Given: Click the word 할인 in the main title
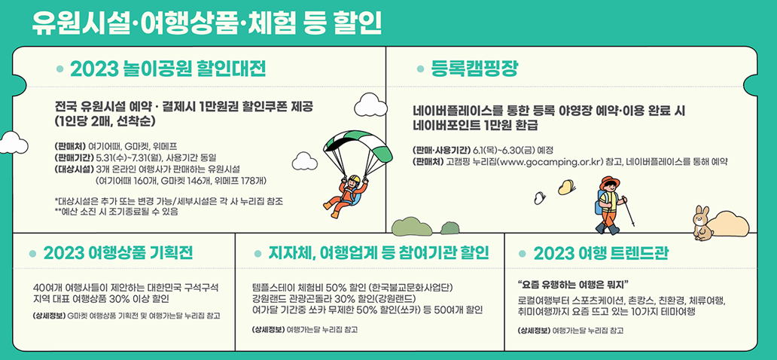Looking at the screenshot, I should (x=356, y=20).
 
